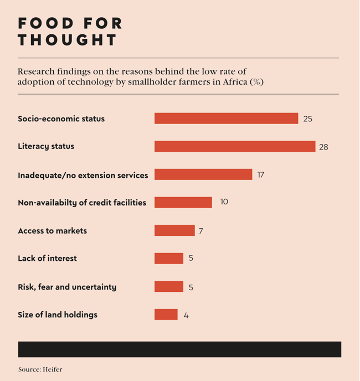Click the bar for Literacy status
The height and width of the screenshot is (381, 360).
click(235, 146)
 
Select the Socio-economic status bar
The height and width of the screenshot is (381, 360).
click(227, 119)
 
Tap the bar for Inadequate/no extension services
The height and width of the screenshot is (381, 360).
click(203, 174)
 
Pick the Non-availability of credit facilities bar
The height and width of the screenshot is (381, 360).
click(183, 202)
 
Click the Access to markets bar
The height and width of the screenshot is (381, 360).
click(174, 230)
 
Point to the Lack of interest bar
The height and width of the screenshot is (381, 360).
click(169, 259)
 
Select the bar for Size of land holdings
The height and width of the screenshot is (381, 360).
click(166, 315)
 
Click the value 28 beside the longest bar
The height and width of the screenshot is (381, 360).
click(323, 147)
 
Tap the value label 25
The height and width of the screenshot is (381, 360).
click(308, 119)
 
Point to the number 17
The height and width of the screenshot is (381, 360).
click(261, 175)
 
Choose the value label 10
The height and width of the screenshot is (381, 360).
click(224, 202)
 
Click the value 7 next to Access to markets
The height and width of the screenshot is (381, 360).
click(201, 231)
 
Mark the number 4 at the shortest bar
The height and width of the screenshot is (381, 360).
click(186, 316)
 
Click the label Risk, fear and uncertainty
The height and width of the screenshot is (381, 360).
click(67, 287)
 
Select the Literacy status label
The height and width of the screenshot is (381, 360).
click(46, 146)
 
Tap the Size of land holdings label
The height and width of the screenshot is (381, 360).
click(58, 315)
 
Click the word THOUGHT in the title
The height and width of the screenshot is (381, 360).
click(68, 40)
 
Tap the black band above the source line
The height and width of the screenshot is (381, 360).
click(179, 349)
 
